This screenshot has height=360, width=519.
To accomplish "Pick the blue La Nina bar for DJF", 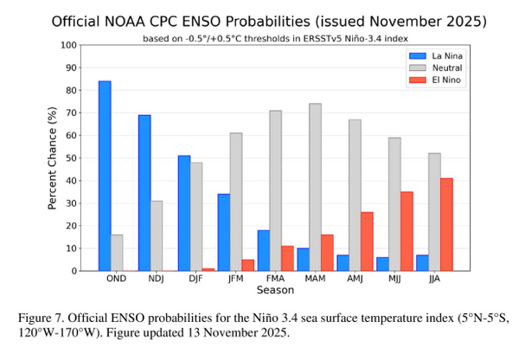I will [184, 213].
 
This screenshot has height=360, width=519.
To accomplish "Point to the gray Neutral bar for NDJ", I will [157, 235].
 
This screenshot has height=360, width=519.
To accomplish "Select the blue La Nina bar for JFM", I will [223, 232].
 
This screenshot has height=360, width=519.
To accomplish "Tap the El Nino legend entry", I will [430, 80].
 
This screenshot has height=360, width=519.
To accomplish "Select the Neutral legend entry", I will [430, 67].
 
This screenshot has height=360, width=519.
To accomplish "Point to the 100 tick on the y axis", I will [70, 45].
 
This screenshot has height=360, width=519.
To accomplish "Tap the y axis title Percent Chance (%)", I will [52, 157].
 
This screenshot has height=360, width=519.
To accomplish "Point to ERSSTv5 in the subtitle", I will [317, 38].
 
